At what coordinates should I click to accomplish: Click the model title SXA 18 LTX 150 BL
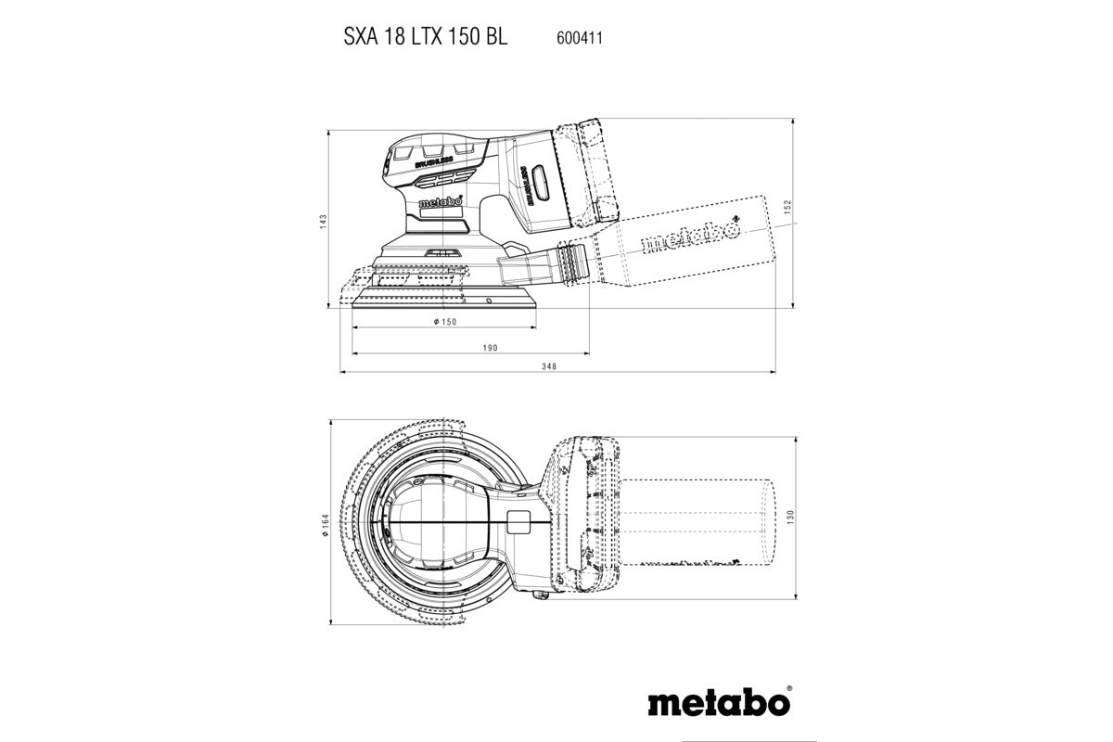coord(420,39)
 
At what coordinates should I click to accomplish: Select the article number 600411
coord(582,39)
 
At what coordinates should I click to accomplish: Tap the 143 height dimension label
coord(322,220)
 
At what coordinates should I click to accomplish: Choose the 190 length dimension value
coord(491,348)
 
